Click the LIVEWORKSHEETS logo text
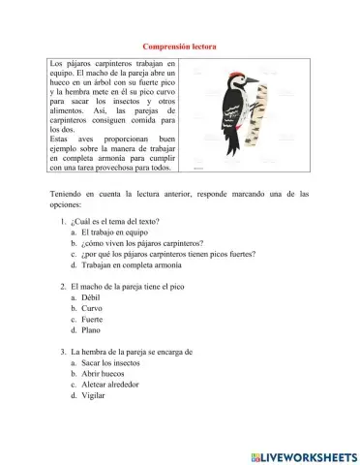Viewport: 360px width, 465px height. (x=308, y=454)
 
